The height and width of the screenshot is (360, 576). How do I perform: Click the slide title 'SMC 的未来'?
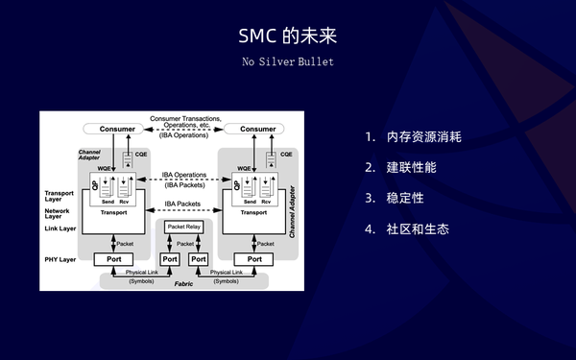tap(287, 36)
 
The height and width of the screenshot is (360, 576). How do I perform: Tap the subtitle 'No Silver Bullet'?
tap(287, 62)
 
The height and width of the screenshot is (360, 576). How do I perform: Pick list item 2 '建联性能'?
tap(411, 167)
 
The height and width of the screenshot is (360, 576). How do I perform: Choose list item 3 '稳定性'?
tap(404, 198)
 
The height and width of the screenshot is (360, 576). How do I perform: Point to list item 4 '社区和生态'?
tap(418, 229)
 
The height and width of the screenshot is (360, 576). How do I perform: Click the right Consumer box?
tap(257, 129)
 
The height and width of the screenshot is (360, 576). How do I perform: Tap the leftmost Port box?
tap(115, 259)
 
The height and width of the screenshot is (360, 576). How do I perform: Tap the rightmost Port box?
tap(255, 259)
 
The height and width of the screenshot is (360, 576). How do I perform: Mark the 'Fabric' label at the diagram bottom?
tap(184, 283)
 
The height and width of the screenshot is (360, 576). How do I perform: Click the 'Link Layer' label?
tap(60, 228)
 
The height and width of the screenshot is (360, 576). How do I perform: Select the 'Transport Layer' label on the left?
tap(59, 197)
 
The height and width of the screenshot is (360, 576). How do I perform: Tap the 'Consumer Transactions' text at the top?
tap(185, 118)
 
